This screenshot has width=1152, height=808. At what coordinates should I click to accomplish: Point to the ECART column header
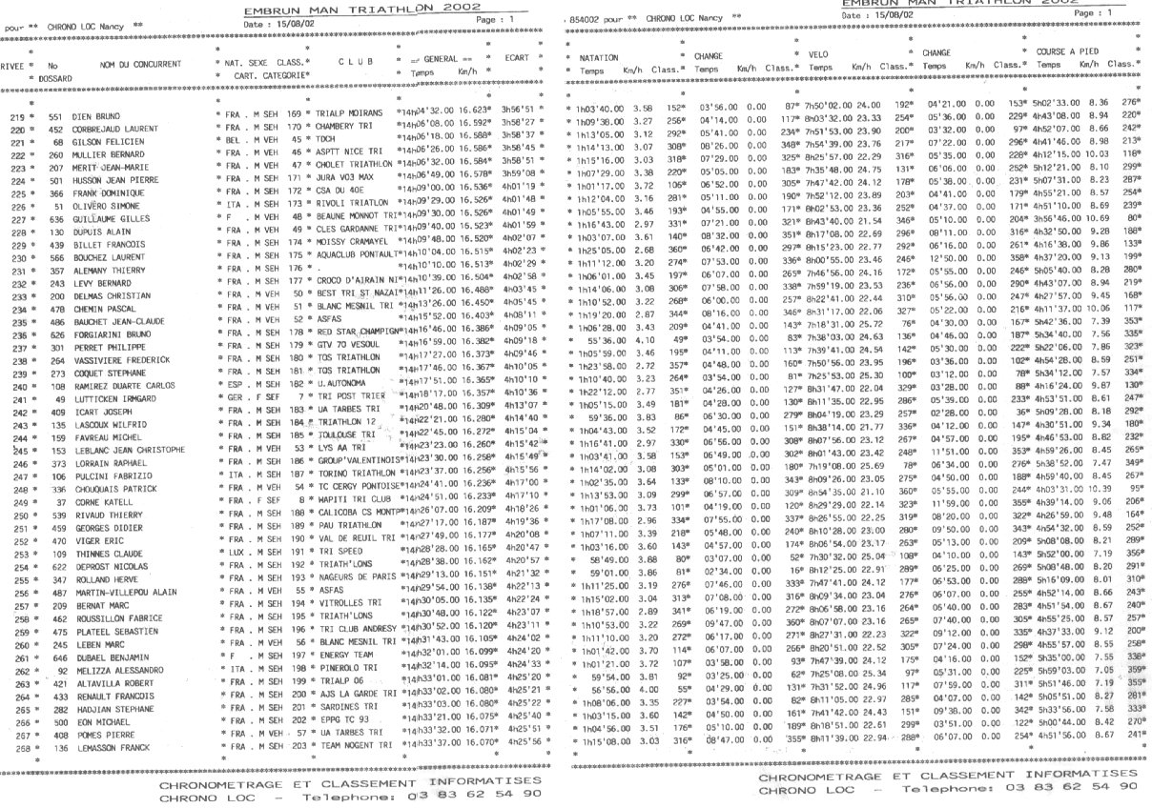pyautogui.click(x=516, y=57)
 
